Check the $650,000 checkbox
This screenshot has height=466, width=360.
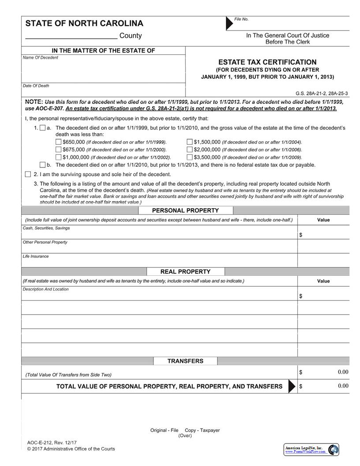[x=59, y=142]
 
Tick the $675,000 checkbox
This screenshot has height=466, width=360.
[x=59, y=150]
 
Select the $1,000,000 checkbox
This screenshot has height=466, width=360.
[x=59, y=157]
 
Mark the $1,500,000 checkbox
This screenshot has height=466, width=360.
[x=190, y=142]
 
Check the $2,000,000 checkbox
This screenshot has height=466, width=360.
[x=190, y=150]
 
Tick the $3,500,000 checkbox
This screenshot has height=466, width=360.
[x=190, y=157]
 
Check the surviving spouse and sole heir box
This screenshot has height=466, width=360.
[x=28, y=174]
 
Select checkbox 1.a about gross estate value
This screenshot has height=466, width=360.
[x=42, y=128]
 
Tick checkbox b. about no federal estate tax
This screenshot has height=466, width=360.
[x=42, y=165]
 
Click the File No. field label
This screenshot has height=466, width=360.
[x=241, y=19]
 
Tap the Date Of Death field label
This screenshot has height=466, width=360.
[x=36, y=86]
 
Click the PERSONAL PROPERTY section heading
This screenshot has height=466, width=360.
[x=185, y=210]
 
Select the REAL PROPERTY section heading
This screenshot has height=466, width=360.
[x=185, y=272]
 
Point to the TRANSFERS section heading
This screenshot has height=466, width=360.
[x=185, y=361]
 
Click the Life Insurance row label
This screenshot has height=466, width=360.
[x=36, y=256]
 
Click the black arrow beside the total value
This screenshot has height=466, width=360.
[x=292, y=386]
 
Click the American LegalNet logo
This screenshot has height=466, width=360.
[x=311, y=450]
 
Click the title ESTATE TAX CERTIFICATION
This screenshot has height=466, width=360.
[x=267, y=62]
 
